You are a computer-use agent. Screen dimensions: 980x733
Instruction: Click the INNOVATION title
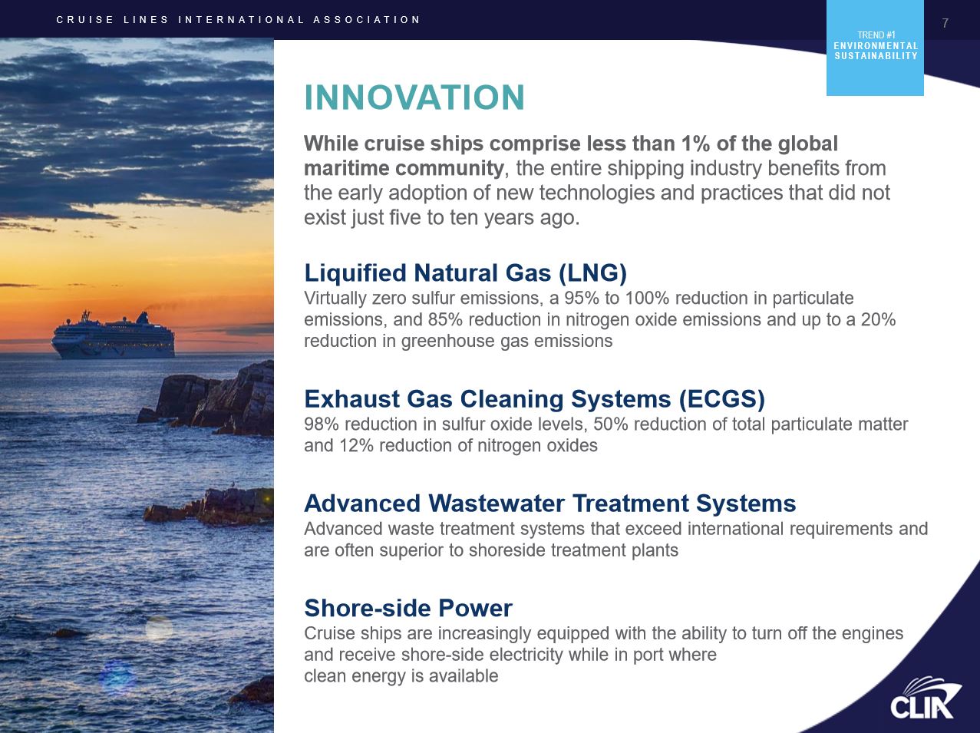[414, 97]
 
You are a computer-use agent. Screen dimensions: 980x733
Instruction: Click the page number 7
[945, 23]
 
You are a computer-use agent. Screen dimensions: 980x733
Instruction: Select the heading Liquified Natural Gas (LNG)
[465, 272]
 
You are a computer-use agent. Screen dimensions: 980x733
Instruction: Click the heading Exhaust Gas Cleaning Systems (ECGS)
[534, 398]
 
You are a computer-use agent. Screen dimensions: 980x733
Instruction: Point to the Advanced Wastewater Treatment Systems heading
[549, 503]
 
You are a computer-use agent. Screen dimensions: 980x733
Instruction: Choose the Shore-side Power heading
[408, 608]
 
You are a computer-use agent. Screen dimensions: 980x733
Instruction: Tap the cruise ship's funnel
[143, 318]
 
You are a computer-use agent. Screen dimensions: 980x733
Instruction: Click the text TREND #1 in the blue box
[876, 35]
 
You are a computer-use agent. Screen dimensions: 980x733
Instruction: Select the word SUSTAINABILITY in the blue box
[876, 56]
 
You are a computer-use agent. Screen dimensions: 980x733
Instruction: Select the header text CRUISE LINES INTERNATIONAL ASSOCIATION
[238, 20]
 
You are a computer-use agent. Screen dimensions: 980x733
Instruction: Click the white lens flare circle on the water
[159, 629]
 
